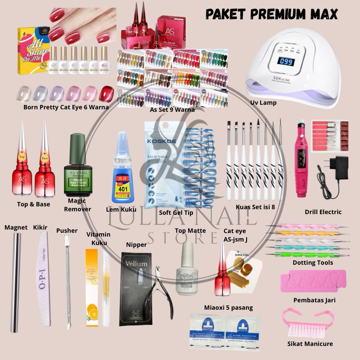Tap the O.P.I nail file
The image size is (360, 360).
point(42,281)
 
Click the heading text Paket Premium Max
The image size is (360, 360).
point(271,14)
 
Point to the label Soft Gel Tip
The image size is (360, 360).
point(176,213)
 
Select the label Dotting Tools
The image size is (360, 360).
point(313,263)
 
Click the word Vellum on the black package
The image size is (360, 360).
point(136,263)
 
